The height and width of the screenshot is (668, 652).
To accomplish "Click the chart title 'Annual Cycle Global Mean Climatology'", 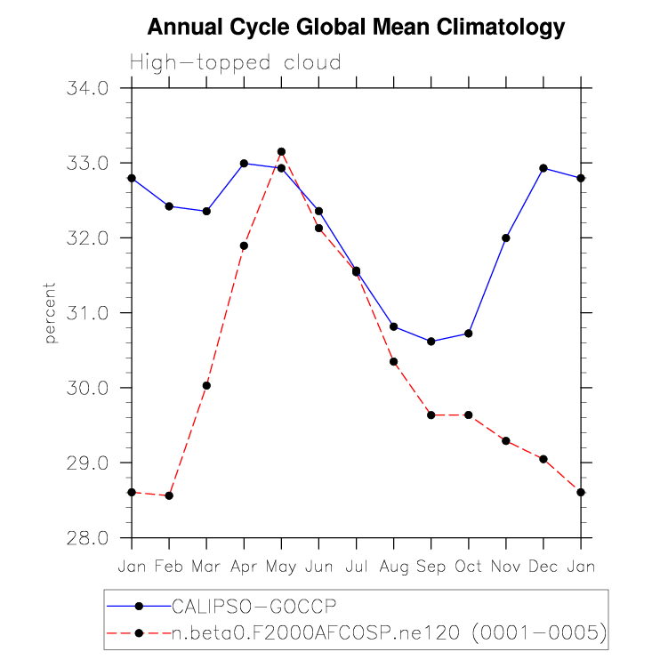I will pyautogui.click(x=356, y=28).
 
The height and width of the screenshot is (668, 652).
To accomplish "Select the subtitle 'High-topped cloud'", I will pyautogui.click(x=236, y=63).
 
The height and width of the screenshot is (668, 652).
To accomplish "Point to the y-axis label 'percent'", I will pyautogui.click(x=50, y=313).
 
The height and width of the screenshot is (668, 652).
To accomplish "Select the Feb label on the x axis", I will pyautogui.click(x=169, y=566).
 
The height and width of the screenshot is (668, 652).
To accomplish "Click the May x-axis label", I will pyautogui.click(x=281, y=566).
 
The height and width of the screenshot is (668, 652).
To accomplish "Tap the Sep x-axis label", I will pyautogui.click(x=431, y=566).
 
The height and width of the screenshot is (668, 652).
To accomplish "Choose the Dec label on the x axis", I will pyautogui.click(x=543, y=566).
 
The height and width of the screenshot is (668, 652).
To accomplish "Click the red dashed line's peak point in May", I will pyautogui.click(x=281, y=152).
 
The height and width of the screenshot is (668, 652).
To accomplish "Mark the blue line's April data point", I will pyautogui.click(x=244, y=164).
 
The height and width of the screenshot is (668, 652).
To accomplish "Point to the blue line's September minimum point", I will pyautogui.click(x=431, y=342).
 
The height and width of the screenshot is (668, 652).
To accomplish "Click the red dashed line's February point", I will pyautogui.click(x=169, y=495).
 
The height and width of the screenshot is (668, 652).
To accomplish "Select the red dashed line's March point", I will pyautogui.click(x=206, y=385).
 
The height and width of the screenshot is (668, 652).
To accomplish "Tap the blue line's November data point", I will pyautogui.click(x=506, y=237).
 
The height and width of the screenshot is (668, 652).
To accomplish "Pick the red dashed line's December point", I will pyautogui.click(x=543, y=459).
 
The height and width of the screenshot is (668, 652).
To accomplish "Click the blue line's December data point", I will pyautogui.click(x=543, y=168).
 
